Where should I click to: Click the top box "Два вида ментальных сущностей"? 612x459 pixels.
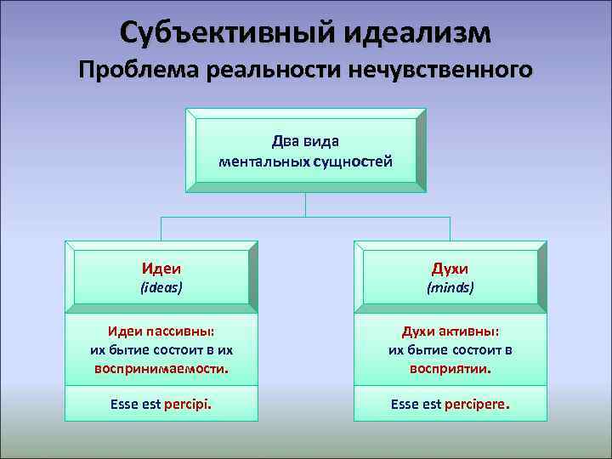[x=306, y=150]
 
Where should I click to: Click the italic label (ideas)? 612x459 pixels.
[x=161, y=288]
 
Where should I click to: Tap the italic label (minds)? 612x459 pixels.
[x=450, y=288]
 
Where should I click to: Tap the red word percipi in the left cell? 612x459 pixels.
[x=189, y=405]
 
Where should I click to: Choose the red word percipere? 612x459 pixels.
[x=476, y=405]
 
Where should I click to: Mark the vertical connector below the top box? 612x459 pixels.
[x=306, y=204]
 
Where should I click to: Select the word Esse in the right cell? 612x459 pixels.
[x=405, y=405]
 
